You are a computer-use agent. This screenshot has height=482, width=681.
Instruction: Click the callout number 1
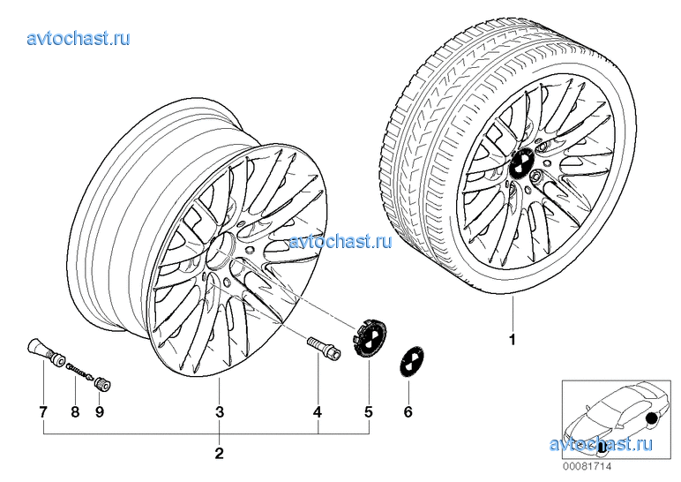[512, 339]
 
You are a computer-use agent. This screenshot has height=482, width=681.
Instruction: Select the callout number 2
[220, 455]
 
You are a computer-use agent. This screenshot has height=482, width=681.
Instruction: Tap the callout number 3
[220, 411]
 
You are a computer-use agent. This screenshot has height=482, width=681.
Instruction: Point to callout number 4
[318, 411]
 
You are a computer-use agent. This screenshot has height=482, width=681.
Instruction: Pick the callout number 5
[369, 411]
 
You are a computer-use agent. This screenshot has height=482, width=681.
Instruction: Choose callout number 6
[408, 411]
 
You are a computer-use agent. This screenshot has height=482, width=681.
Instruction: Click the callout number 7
[42, 411]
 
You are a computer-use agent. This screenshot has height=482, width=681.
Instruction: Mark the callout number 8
[75, 411]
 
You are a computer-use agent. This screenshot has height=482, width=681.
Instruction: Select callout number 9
[100, 411]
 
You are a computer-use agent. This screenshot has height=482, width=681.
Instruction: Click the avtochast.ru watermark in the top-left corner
[79, 37]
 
